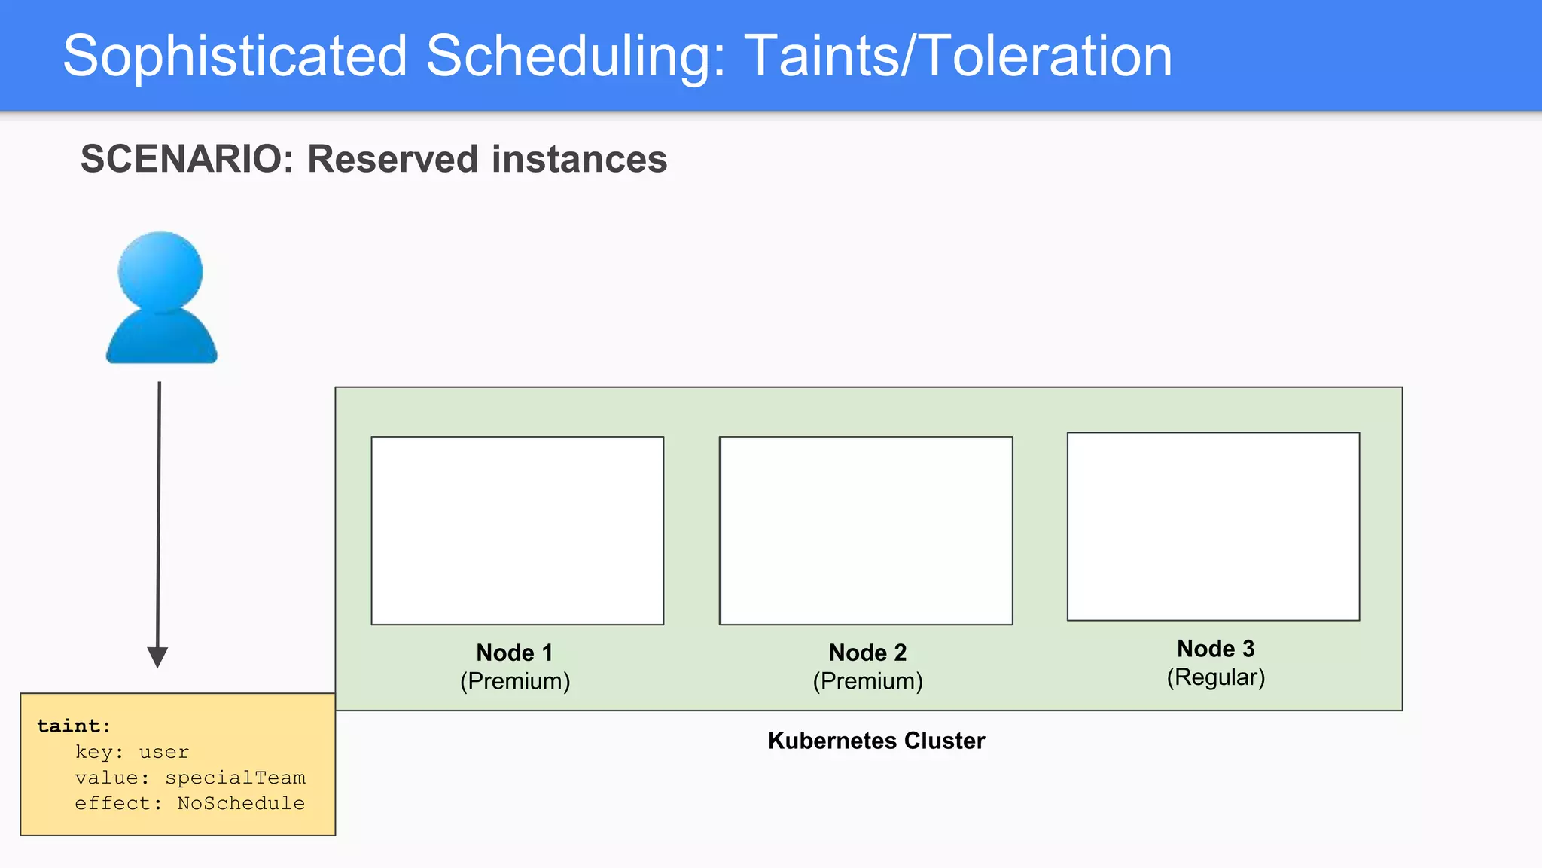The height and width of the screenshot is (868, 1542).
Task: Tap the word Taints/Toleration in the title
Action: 958,57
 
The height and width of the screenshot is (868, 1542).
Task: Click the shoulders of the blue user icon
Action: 161,339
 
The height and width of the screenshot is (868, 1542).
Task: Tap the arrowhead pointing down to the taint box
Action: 157,656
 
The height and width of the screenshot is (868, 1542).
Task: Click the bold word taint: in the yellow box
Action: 74,726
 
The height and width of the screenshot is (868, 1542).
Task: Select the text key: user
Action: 132,752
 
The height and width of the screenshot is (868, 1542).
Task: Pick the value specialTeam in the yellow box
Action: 235,778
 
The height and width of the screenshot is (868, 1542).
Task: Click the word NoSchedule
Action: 241,803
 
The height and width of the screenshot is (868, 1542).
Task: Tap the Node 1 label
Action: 514,653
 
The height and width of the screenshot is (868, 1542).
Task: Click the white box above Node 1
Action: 517,530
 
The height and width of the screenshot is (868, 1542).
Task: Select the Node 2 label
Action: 867,653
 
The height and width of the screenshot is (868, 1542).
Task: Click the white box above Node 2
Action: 866,530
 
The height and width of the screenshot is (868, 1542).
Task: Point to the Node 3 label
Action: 1215,649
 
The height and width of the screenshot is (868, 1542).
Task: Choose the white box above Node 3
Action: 1213,527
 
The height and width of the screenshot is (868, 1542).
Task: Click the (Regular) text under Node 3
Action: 1215,677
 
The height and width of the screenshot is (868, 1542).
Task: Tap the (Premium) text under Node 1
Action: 515,681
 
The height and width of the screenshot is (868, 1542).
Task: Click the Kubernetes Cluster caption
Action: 876,741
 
